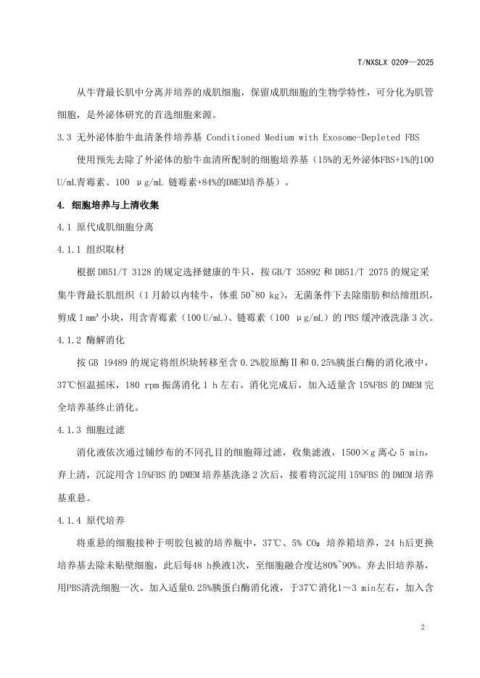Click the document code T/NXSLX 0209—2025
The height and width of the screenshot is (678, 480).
397,63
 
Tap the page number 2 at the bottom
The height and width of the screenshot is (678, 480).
421,627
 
